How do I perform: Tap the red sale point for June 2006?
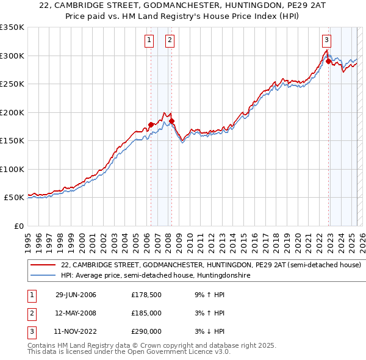(151, 124)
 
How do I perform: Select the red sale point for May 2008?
(171, 121)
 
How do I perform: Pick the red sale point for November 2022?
(328, 61)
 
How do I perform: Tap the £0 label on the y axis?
(18, 226)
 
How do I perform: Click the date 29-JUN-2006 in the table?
(76, 295)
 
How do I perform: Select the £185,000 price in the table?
(146, 313)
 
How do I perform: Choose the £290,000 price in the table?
(146, 331)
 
